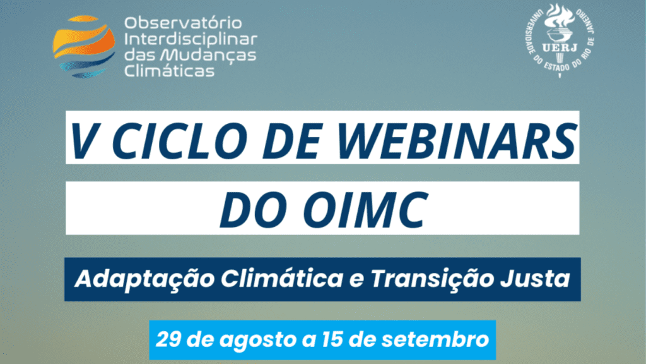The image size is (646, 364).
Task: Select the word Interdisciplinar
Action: coord(191,39)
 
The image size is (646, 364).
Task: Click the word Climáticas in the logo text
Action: coord(168,71)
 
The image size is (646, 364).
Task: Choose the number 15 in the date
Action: coord(321,339)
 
